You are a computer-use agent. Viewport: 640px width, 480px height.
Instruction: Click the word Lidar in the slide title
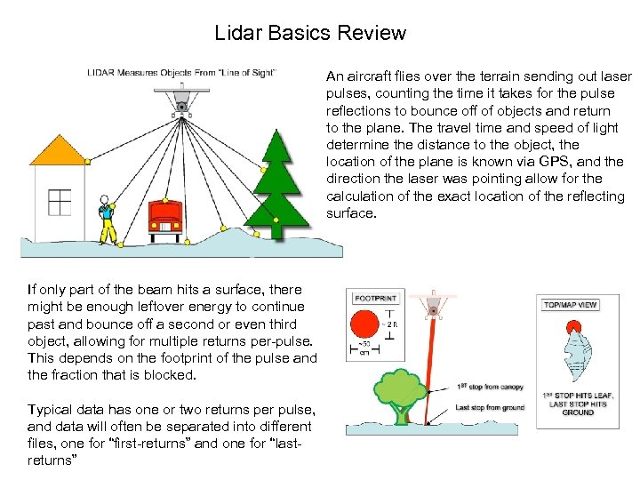(x=236, y=34)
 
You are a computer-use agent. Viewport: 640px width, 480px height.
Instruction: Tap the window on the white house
(x=59, y=203)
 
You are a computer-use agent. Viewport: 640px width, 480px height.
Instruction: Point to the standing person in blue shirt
(x=108, y=218)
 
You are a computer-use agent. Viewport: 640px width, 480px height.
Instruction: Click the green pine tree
(x=278, y=178)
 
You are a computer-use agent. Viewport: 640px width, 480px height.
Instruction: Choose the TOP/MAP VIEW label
(x=570, y=305)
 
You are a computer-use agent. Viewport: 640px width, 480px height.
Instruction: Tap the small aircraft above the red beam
(x=435, y=302)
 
